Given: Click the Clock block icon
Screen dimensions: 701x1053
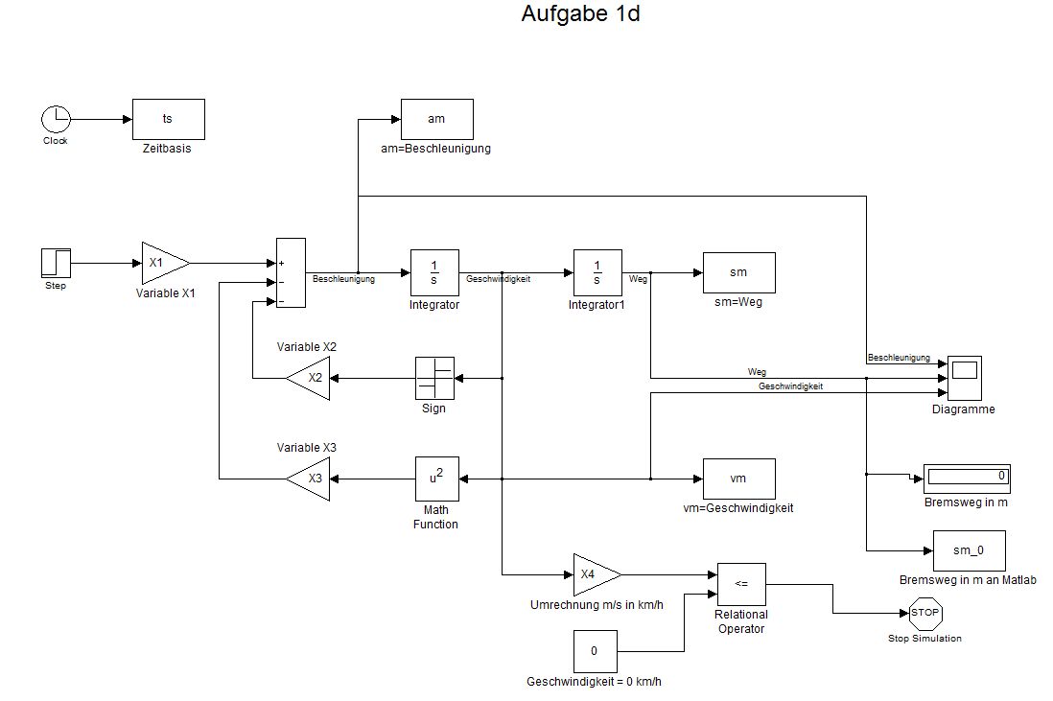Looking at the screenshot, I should point(56,120).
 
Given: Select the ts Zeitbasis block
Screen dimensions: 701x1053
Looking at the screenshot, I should point(168,119).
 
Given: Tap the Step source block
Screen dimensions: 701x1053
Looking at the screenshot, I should point(56,263).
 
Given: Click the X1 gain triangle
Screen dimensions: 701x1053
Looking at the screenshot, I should point(161,263).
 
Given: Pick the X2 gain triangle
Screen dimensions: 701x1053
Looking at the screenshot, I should point(312,378).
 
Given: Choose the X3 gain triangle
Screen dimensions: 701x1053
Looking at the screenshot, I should point(312,478).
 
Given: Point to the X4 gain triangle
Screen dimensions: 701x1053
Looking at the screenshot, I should point(593,574).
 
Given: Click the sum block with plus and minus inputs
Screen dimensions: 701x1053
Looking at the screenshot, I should point(291,273).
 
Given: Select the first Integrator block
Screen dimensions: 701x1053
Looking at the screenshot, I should point(434,272).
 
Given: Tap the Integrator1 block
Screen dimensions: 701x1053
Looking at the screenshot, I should point(597,272).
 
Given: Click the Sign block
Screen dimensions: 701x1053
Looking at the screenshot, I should point(434,378).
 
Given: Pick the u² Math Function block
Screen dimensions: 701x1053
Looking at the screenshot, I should point(435,478).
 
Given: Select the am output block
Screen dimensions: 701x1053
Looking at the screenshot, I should point(436,119).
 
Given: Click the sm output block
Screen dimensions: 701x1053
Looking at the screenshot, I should point(738,272).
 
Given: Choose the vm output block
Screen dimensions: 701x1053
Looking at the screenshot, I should point(738,478).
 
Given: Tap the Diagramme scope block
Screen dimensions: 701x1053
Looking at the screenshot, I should point(963,378).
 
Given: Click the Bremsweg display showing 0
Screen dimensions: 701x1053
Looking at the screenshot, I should point(967,476).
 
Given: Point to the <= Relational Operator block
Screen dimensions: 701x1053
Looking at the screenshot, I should point(741,584).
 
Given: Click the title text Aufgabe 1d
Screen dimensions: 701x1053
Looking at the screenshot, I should point(580,14).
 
